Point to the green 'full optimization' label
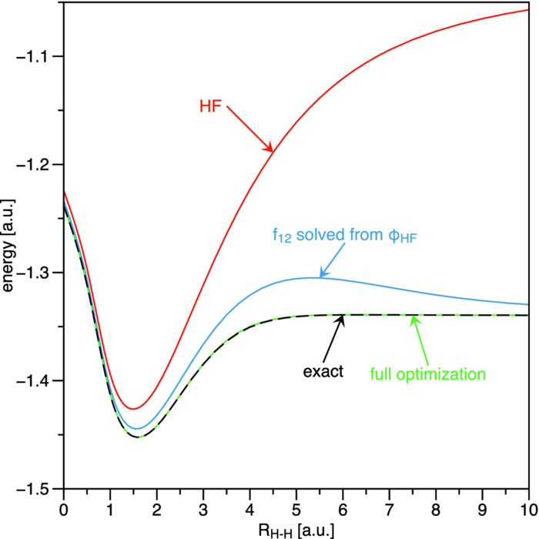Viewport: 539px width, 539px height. pos(427,375)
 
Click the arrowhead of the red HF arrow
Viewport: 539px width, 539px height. pos(271,150)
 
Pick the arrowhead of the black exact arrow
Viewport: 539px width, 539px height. pos(343,316)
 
